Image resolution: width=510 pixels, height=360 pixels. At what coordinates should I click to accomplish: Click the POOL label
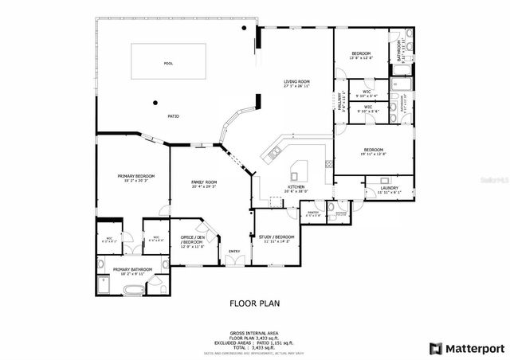[x=167, y=63]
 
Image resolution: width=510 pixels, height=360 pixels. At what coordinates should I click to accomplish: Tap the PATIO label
[x=173, y=116]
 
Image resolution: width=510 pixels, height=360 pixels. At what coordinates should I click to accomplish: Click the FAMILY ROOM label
[x=204, y=182]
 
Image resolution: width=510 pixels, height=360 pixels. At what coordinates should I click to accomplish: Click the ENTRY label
[x=233, y=252]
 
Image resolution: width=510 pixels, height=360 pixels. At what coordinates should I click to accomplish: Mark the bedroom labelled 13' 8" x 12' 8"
[x=362, y=54]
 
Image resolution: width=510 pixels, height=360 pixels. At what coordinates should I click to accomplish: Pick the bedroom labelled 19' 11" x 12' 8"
[x=374, y=150]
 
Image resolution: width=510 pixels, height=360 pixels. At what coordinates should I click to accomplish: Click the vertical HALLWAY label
[x=338, y=102]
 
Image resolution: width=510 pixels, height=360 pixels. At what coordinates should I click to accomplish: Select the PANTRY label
[x=313, y=212]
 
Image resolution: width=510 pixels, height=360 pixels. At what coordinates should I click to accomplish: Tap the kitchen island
[x=300, y=170]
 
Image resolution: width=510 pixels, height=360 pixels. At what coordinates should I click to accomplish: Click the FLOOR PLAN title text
[x=255, y=303]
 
